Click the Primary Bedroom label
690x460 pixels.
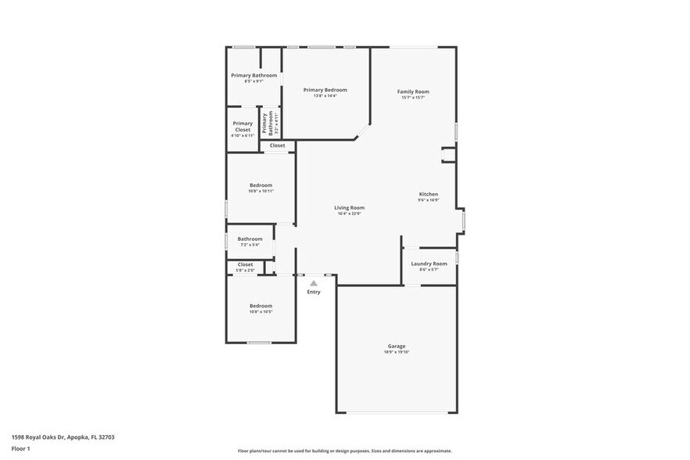325,90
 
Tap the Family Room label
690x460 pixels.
413,92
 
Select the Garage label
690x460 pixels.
397,346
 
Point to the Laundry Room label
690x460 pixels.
429,264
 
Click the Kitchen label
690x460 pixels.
428,194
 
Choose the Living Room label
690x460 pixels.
350,207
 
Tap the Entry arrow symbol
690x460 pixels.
313,283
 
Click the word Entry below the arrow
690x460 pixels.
313,292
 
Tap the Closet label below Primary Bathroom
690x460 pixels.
278,146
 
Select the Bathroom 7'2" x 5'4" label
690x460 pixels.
250,239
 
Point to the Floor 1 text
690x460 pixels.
20,448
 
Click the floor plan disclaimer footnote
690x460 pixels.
344,451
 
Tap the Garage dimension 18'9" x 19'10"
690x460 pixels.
397,352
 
